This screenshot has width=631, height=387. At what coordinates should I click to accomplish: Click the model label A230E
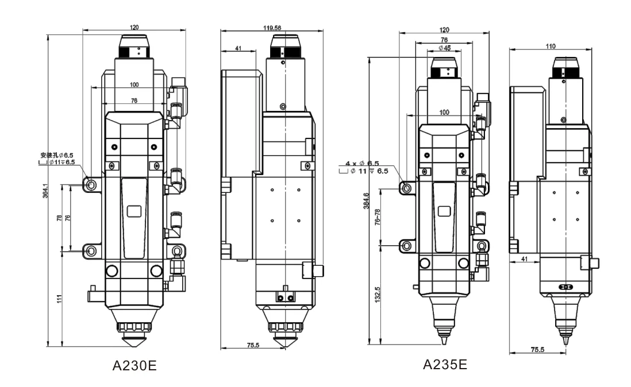[134, 366]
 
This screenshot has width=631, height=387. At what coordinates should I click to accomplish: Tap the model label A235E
[445, 365]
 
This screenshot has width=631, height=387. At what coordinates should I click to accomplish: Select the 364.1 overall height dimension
[45, 191]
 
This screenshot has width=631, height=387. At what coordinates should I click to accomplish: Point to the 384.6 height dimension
[366, 200]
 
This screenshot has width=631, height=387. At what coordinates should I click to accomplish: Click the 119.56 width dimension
[272, 28]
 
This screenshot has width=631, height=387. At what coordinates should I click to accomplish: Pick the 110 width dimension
[551, 46]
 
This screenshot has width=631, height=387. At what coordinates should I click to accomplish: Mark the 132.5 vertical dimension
[378, 295]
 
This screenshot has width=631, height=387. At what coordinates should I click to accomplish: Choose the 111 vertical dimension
[60, 299]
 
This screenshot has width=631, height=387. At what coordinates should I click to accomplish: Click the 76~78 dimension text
[378, 217]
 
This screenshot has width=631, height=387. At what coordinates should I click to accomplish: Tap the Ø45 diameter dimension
[444, 48]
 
